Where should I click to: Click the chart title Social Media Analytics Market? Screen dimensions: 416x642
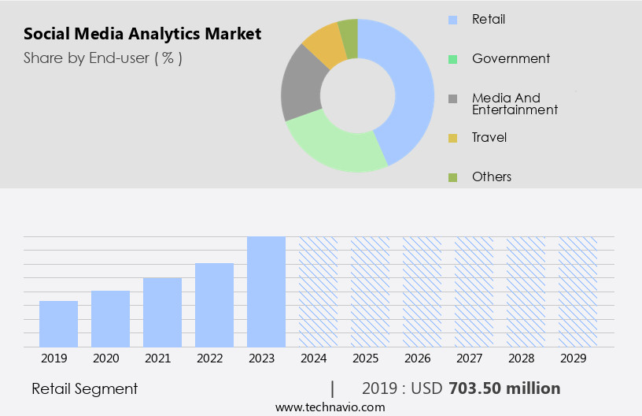pos(142,34)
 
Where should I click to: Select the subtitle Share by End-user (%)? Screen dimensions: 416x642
pos(103,58)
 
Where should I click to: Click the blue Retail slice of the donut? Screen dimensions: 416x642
pos(410,87)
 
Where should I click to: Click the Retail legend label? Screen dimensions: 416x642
pos(489,19)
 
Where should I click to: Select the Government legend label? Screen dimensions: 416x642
pos(511,58)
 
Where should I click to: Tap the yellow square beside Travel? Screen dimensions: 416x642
pos(452,138)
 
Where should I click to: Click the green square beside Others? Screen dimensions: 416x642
pos(452,177)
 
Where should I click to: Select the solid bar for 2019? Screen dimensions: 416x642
pos(58,324)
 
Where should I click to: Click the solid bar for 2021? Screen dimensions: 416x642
pos(162,312)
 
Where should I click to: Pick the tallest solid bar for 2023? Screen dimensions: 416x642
pos(266,292)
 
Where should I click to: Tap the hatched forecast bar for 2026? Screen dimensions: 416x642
pos(422,292)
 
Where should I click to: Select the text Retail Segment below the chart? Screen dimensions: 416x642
pos(85,388)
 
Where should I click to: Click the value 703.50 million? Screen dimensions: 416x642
pos(504,388)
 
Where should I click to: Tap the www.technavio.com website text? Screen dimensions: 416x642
pos(330,407)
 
